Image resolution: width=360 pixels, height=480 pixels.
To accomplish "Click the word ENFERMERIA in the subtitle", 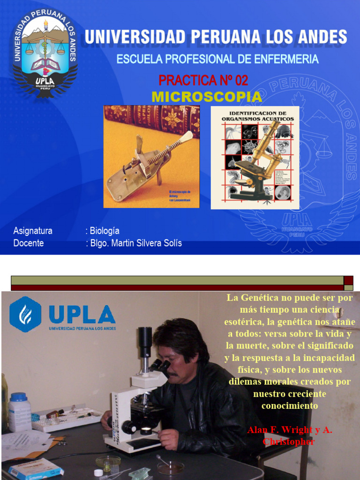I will (281, 60).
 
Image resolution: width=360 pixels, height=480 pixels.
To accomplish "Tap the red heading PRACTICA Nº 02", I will (203, 80).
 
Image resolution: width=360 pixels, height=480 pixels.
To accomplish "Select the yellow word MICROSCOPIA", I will (207, 97).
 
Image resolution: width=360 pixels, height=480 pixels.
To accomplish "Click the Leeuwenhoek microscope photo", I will (151, 157).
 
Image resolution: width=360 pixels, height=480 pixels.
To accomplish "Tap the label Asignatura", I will (33, 231).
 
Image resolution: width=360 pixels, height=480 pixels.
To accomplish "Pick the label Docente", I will (29, 243).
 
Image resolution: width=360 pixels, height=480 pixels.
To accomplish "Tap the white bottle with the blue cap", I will (20, 412).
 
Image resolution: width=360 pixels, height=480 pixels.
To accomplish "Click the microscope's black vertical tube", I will (145, 347).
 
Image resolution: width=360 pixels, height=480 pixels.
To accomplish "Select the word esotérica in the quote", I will (245, 322).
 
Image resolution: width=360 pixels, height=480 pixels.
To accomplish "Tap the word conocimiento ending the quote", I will (289, 405).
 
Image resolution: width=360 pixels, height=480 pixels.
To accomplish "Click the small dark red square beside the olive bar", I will (348, 280).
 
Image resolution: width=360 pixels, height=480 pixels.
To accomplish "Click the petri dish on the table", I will (170, 467).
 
